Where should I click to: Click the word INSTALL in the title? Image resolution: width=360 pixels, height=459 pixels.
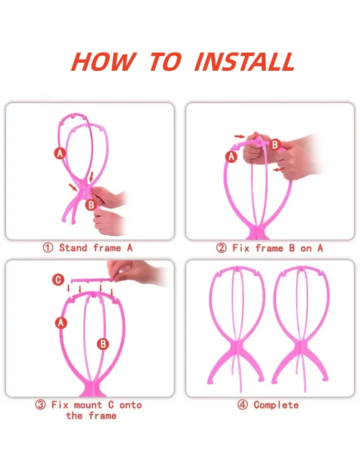(244, 62)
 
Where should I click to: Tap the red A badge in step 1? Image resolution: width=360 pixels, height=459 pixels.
(60, 153)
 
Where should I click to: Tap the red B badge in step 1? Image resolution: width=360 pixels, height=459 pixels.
(91, 205)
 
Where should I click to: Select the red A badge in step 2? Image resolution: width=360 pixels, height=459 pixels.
(231, 156)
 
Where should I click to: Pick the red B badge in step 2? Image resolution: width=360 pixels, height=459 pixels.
(275, 145)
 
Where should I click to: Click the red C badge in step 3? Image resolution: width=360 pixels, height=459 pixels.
(58, 280)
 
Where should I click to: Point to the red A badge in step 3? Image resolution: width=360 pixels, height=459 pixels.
(61, 322)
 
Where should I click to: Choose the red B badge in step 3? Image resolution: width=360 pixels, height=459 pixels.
(103, 344)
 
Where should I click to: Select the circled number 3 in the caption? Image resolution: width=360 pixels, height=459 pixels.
(40, 405)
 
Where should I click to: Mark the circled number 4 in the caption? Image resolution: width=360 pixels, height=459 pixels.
(243, 405)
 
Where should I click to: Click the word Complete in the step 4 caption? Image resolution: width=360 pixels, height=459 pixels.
(276, 405)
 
